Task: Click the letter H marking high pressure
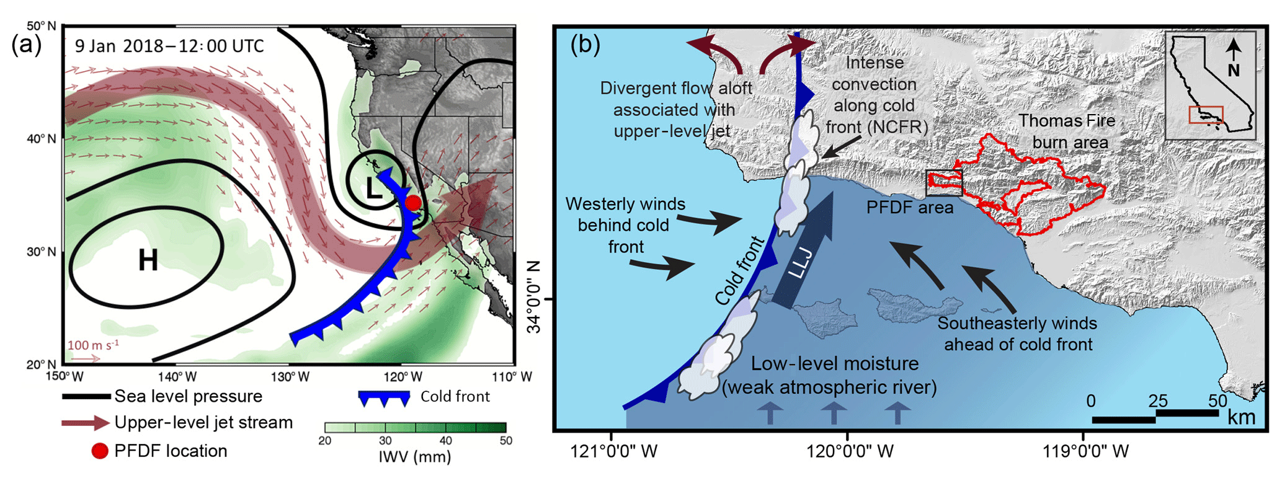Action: pos(148,260)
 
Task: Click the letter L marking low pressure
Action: pos(374,187)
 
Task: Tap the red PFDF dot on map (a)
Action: pos(413,203)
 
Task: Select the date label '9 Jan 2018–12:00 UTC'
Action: pos(169,46)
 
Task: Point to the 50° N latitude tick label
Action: pos(41,26)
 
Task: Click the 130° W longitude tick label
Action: pos(290,377)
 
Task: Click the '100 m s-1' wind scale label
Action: pos(93,345)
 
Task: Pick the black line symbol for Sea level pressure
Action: pos(87,397)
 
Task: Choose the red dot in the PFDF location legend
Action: pos(100,451)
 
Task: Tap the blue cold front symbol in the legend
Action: pos(384,397)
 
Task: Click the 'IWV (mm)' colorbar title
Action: pos(415,458)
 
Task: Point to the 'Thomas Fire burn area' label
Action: pos(1067,131)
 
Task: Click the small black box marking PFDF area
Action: pos(944,183)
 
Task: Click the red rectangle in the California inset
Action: pos(1206,115)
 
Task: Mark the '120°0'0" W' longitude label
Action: pos(850,451)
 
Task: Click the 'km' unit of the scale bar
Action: pos(1241,417)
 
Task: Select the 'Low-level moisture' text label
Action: pos(834,364)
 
